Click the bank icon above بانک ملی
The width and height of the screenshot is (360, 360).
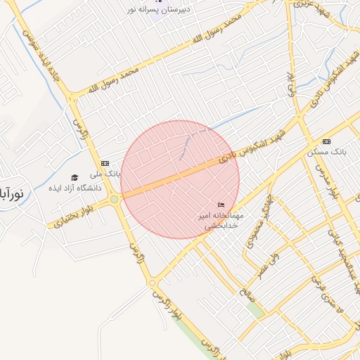click(x=105, y=162)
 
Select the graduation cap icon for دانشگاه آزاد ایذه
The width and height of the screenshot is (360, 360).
click(x=75, y=177)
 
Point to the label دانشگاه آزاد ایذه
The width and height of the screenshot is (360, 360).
click(x=75, y=188)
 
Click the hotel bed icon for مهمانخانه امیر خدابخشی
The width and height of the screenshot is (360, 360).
click(x=221, y=205)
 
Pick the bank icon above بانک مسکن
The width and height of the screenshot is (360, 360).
click(x=326, y=141)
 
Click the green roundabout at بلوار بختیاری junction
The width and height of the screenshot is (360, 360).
click(x=114, y=200)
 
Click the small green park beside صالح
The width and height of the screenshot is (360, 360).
click(x=256, y=309)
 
